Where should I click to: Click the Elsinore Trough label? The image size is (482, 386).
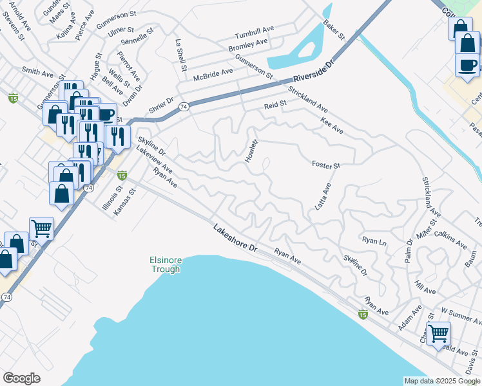166,264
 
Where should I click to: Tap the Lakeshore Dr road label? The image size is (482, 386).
235,238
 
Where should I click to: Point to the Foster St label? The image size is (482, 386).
325,165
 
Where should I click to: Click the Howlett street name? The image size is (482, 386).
251,150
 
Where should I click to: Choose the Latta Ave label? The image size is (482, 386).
323,197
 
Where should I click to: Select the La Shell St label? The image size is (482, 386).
181,55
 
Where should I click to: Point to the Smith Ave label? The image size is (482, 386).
37,73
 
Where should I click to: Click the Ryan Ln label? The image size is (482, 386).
374,240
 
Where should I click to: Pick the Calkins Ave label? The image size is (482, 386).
450,239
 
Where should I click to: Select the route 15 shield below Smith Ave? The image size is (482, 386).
13,98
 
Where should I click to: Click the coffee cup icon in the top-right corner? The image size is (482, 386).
467,65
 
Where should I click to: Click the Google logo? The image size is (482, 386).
21,378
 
